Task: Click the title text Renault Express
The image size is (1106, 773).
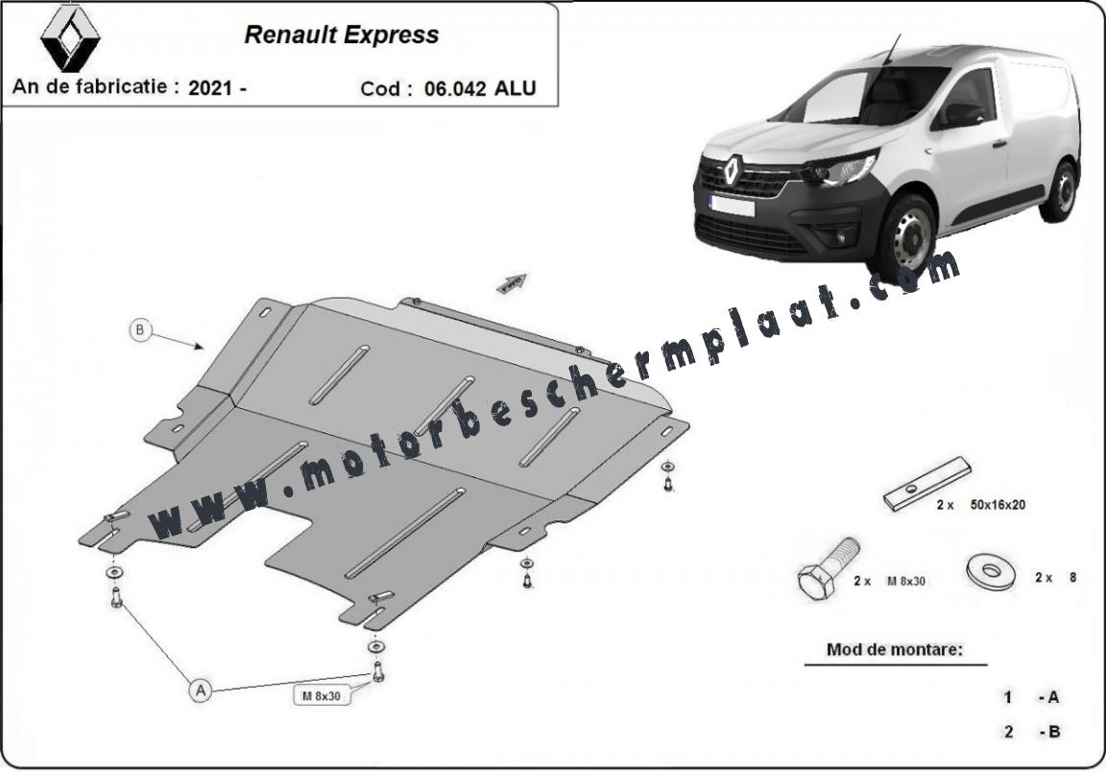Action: pyautogui.click(x=342, y=35)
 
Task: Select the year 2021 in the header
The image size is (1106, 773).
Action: pyautogui.click(x=210, y=88)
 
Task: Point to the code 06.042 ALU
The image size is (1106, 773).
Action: pyautogui.click(x=480, y=88)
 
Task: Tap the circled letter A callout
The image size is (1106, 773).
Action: pyautogui.click(x=201, y=689)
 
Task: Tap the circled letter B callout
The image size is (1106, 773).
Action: pyautogui.click(x=140, y=329)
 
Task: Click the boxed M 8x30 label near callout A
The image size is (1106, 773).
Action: pyautogui.click(x=322, y=695)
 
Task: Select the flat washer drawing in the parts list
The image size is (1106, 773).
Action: pyautogui.click(x=991, y=571)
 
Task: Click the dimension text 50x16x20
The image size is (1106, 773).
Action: pyautogui.click(x=998, y=505)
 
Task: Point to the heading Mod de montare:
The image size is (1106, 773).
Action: pyautogui.click(x=895, y=649)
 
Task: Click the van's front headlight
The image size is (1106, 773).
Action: pyautogui.click(x=842, y=170)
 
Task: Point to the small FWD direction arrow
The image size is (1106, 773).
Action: pyautogui.click(x=512, y=283)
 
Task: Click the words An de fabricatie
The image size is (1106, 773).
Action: pyautogui.click(x=90, y=86)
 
